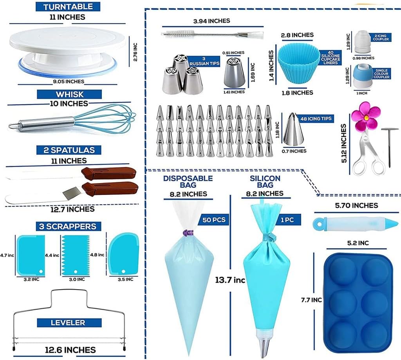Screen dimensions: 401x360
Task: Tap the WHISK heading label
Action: point(69,94)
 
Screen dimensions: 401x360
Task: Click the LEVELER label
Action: point(68,323)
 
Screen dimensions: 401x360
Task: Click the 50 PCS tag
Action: point(214,220)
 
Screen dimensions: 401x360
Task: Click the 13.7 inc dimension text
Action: point(230,280)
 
